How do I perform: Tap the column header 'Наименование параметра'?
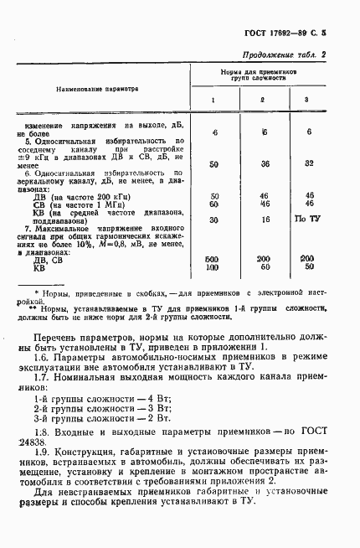tap(97, 88)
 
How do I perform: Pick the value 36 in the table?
tap(264, 163)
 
